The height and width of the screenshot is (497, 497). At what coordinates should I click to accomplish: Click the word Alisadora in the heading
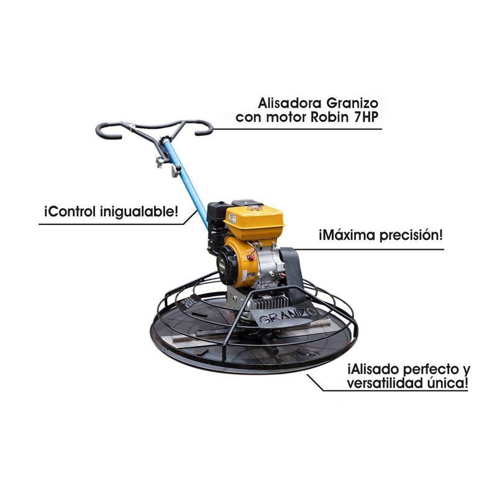coord(290,103)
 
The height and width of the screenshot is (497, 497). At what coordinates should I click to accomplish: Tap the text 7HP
coord(367,117)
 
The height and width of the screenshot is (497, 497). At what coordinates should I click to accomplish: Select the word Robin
coord(330,117)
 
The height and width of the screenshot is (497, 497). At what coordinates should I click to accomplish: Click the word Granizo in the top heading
coord(352,104)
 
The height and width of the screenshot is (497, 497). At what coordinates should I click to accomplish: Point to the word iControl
coord(70,211)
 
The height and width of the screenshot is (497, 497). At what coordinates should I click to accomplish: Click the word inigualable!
coord(139,212)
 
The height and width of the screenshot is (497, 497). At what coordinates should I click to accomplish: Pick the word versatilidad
coord(385,383)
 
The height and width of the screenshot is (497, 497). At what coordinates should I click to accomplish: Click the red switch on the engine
coord(252,257)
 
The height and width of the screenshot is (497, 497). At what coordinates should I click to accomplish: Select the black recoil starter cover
coord(227,267)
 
